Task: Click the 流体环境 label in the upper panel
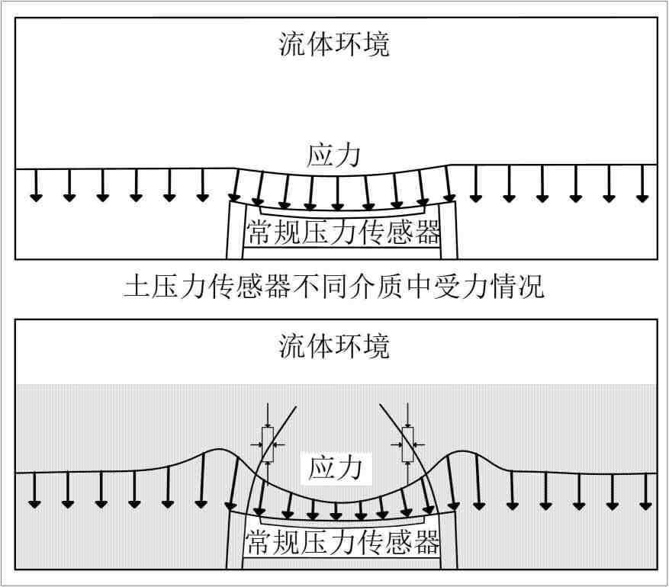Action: coord(334,44)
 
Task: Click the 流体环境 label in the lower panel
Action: coord(334,346)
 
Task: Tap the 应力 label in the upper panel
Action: coord(333,155)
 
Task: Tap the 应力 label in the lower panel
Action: coord(336,467)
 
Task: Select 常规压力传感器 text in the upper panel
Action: coord(343,232)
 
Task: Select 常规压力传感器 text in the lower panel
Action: coord(343,542)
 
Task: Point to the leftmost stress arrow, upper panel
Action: coord(36,184)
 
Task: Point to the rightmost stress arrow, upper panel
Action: coord(642,184)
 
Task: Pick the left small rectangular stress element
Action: coord(268,441)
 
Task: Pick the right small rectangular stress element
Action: coord(407,441)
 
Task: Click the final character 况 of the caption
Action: coord(532,287)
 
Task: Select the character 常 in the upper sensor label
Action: coord(258,232)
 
